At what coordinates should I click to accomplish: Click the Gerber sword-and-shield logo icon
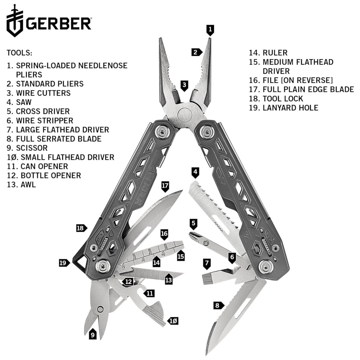click(15, 21)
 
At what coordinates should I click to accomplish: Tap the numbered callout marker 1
click(210, 30)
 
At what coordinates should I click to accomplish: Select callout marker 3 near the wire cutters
click(184, 86)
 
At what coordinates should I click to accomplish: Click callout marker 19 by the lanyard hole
click(64, 263)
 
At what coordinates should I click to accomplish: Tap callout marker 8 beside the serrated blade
click(219, 305)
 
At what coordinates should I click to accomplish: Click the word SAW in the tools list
click(24, 102)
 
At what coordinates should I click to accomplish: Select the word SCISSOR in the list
click(32, 148)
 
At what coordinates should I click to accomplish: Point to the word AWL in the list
click(28, 185)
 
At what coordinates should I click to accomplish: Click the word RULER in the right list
click(275, 53)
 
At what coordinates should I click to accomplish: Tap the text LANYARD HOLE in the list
click(291, 108)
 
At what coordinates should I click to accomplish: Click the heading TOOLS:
click(19, 53)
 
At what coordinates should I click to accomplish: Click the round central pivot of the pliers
click(185, 114)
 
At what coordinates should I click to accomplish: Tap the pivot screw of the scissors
click(100, 309)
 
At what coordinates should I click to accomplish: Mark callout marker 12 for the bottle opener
click(128, 282)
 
